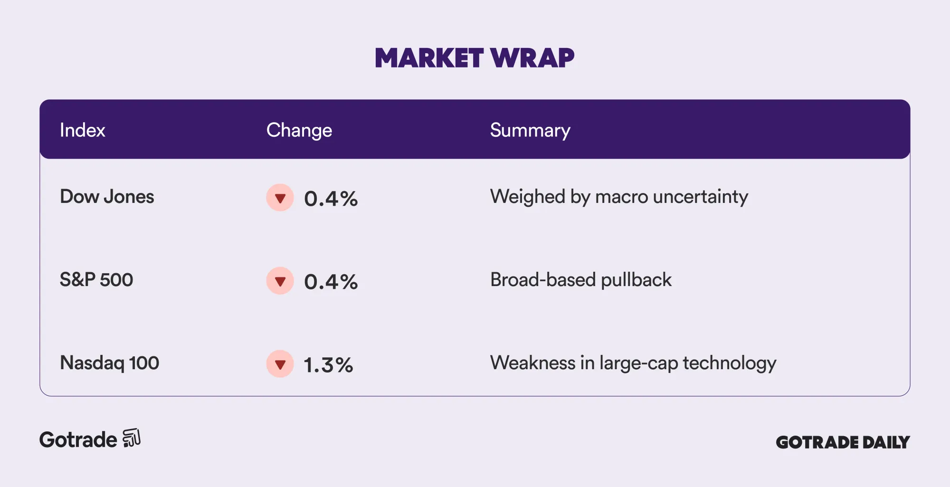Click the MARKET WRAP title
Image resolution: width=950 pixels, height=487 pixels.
tap(475, 58)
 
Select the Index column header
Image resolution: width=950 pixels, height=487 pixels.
tap(82, 130)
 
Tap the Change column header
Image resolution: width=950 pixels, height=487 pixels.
tap(299, 131)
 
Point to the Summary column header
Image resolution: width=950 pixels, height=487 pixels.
tap(530, 131)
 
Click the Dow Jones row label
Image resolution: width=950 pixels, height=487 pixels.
tap(107, 197)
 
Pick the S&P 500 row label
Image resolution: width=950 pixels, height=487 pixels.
tap(96, 280)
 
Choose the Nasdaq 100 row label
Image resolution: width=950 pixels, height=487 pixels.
tap(109, 363)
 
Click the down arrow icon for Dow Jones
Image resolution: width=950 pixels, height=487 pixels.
tap(280, 198)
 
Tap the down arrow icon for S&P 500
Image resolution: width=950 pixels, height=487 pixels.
tap(280, 281)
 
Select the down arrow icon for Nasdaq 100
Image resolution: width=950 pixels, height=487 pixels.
tap(280, 364)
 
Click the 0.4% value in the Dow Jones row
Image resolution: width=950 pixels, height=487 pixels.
tap(331, 199)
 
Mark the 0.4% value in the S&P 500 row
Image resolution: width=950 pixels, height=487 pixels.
tap(331, 282)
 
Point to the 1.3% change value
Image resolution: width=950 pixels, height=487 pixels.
tap(329, 365)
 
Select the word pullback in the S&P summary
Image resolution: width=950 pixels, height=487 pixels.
tap(636, 280)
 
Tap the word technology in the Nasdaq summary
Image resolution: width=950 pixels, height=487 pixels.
tap(730, 363)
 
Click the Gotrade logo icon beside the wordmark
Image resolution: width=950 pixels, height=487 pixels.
tap(132, 438)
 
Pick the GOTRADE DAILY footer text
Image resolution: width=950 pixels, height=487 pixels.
tap(843, 442)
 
